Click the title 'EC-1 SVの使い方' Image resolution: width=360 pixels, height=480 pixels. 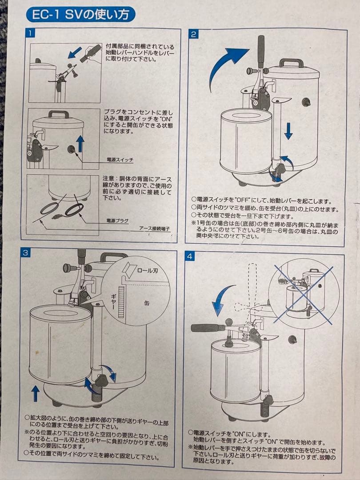pos(80,15)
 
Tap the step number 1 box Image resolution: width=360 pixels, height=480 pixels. pos(29,33)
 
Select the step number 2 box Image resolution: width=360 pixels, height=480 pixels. pos(194,34)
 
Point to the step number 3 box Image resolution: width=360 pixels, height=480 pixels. pos(26,253)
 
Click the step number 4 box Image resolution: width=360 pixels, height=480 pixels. pos(191,256)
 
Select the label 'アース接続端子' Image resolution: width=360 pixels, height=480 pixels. pos(154,228)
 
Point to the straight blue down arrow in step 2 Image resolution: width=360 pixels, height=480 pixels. pos(288,130)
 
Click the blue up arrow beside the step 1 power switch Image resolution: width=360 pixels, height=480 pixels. pos(80,143)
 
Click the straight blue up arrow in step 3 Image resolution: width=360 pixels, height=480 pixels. pos(36,393)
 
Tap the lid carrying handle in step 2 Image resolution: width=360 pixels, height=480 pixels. pos(291,63)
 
